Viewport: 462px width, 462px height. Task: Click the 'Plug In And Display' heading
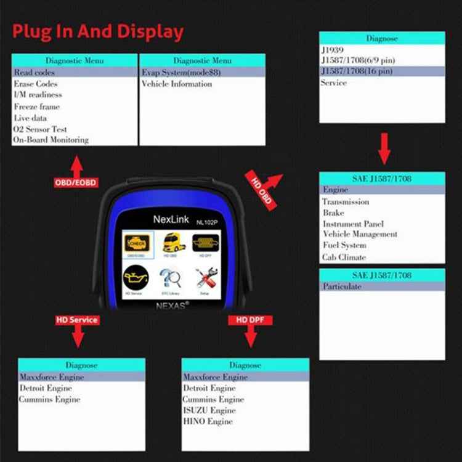(98, 32)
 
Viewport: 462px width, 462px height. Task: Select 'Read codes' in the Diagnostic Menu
(34, 73)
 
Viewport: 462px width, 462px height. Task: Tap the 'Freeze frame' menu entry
(37, 107)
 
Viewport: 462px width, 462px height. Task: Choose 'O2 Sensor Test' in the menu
(40, 129)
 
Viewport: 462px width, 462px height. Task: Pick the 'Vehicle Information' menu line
(177, 84)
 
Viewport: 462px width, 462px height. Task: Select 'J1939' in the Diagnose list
(332, 49)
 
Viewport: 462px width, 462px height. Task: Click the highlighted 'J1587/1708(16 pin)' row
(357, 71)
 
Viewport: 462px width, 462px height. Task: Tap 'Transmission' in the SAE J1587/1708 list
(346, 201)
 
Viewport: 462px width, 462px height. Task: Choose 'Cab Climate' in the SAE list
(344, 257)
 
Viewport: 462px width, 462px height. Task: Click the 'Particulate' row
(342, 286)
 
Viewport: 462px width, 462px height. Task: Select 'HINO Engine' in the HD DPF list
(208, 421)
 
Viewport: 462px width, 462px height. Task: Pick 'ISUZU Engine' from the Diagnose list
(209, 410)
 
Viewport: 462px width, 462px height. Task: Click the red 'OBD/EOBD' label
(76, 182)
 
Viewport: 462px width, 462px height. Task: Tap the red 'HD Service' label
(77, 320)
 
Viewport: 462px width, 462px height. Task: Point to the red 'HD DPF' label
(250, 320)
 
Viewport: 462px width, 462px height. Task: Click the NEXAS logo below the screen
(170, 304)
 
